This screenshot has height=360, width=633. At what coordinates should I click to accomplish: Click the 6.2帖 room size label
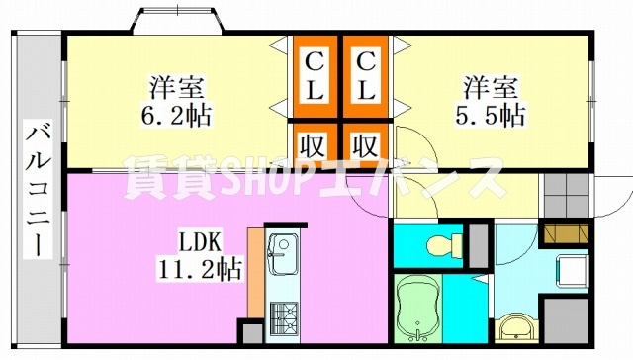click(x=176, y=117)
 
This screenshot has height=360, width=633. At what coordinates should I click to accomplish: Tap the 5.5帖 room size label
click(x=491, y=117)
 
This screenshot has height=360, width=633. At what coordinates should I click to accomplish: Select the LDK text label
click(x=200, y=243)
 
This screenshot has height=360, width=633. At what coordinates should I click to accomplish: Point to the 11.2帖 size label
click(x=200, y=269)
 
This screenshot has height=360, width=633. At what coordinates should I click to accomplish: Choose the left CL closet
click(x=315, y=76)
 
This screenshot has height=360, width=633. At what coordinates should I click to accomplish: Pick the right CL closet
click(x=366, y=76)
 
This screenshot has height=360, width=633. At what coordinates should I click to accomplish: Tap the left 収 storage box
click(x=315, y=145)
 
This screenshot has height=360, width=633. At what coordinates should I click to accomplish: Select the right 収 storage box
click(x=366, y=145)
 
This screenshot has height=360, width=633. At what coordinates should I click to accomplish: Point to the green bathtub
click(x=417, y=309)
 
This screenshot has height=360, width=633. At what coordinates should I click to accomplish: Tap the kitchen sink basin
click(x=283, y=254)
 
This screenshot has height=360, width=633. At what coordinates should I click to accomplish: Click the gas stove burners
click(x=284, y=318)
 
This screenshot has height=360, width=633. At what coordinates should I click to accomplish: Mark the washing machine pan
click(x=573, y=270)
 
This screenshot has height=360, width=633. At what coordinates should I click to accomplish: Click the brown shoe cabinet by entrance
click(x=566, y=233)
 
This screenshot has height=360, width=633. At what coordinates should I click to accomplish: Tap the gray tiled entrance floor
click(x=567, y=196)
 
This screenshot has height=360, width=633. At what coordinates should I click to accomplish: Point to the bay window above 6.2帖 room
click(x=177, y=20)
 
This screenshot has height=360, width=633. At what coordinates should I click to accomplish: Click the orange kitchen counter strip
click(x=255, y=273)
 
